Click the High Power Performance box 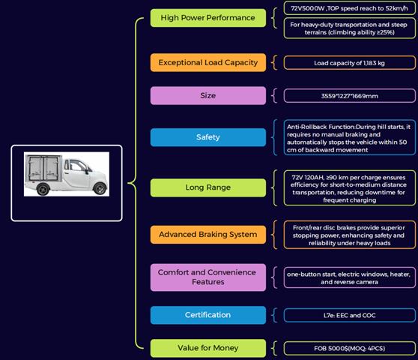[208, 18]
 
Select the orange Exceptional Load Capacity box [208, 63]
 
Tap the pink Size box [208, 95]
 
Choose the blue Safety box [208, 137]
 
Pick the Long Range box [208, 187]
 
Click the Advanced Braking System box [208, 235]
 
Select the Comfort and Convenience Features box [208, 277]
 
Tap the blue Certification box [208, 315]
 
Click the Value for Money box [208, 348]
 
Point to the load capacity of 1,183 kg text [349, 63]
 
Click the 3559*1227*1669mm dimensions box [350, 96]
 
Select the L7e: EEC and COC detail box [350, 316]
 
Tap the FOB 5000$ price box [350, 348]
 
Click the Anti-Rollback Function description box [350, 138]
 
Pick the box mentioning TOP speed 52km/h [350, 8]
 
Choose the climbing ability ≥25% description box [350, 28]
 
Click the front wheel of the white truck [100, 188]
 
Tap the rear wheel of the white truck [43, 189]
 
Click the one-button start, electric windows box [350, 277]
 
